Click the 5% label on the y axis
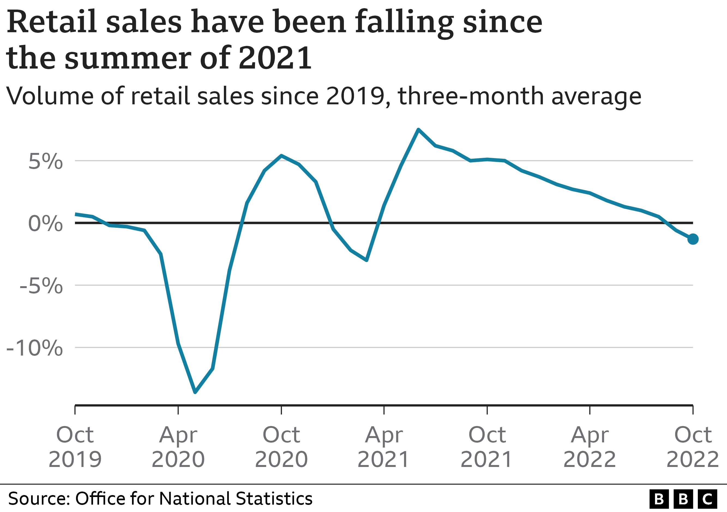[x=46, y=162]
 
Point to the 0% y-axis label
[x=46, y=224]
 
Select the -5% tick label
[x=41, y=286]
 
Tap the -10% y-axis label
[x=35, y=348]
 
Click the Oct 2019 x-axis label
[x=75, y=447]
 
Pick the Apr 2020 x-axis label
[x=178, y=447]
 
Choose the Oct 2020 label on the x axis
[x=281, y=447]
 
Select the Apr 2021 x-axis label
[x=384, y=447]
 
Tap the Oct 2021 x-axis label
[x=487, y=447]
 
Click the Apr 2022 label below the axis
[x=590, y=447]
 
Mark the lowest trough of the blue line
[x=195, y=392]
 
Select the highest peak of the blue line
[x=418, y=130]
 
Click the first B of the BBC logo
[x=659, y=499]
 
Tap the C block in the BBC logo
[x=707, y=499]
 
